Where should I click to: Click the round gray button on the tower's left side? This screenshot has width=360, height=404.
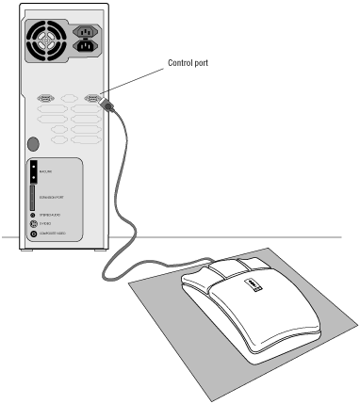pyautogui.click(x=33, y=144)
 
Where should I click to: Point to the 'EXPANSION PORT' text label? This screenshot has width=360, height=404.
pyautogui.click(x=53, y=198)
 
